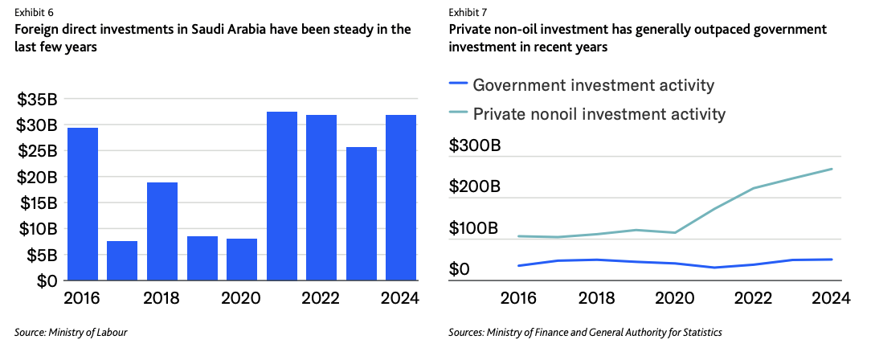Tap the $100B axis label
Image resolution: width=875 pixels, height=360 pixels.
[475, 228]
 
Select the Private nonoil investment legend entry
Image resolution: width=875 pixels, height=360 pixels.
[599, 113]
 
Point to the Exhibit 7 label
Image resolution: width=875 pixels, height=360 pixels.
[468, 13]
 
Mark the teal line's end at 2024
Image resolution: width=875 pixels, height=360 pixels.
[832, 169]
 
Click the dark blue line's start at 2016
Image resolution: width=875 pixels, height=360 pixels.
[518, 265]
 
